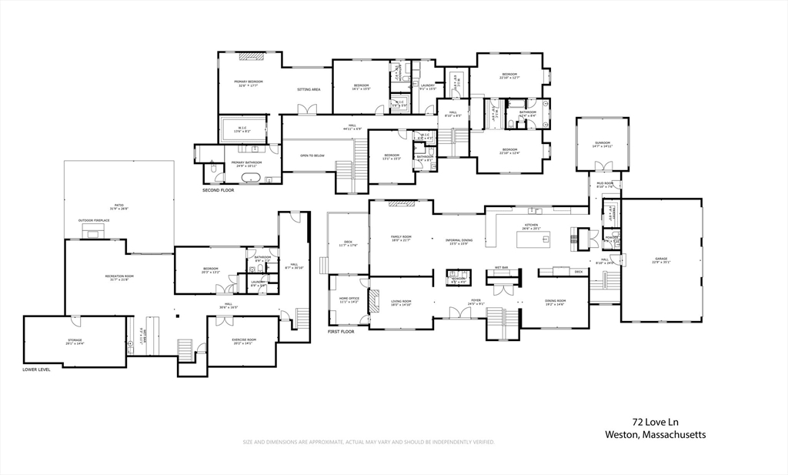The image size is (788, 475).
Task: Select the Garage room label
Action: (x=661, y=259)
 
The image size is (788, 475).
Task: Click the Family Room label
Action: (x=401, y=239)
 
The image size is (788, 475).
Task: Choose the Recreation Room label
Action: (x=119, y=276)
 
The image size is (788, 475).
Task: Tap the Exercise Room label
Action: (x=243, y=340)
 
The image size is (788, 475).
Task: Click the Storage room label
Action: (x=74, y=340)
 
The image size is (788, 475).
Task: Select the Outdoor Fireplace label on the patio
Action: (x=93, y=220)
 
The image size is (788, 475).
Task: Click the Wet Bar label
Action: (x=502, y=267)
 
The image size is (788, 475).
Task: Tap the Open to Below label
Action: (x=312, y=156)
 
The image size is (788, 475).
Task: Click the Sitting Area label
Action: (x=309, y=89)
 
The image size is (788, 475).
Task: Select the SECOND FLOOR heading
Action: (x=218, y=189)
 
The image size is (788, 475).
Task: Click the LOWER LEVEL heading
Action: (x=36, y=370)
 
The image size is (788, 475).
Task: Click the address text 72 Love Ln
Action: (x=656, y=422)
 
